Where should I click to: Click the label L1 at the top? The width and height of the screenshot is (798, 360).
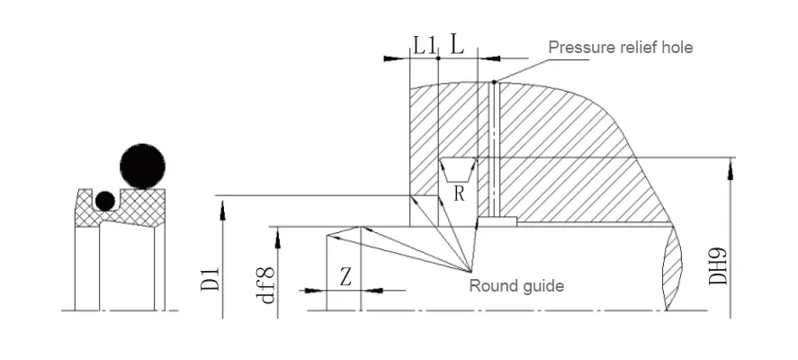coord(424,44)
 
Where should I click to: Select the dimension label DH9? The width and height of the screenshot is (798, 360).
coord(719,267)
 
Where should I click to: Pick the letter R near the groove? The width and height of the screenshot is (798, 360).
coord(459,193)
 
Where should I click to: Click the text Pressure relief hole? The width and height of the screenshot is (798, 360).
coord(621,47)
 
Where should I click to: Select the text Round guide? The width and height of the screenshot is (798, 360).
coord(516,286)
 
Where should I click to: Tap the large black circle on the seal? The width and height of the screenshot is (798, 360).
coord(143,165)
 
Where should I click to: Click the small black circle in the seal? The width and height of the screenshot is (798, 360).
coord(106,201)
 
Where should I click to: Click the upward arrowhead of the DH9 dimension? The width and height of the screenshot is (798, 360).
coord(731,164)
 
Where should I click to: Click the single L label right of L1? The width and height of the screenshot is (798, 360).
coord(457,44)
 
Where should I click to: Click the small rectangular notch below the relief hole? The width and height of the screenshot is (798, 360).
coord(497,220)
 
